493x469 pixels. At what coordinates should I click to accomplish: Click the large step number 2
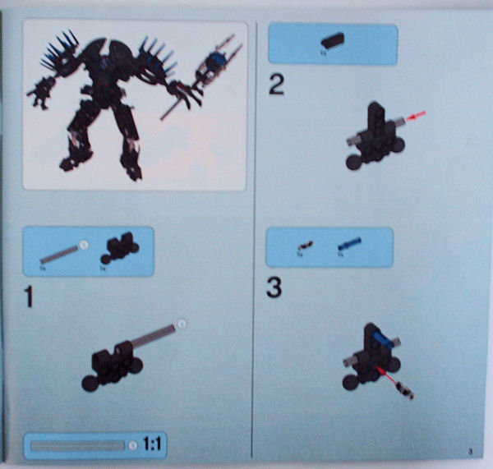[277, 85]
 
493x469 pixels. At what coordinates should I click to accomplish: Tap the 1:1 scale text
[153, 445]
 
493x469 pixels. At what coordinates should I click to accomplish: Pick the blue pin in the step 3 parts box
[348, 243]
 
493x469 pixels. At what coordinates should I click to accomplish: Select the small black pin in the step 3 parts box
[303, 245]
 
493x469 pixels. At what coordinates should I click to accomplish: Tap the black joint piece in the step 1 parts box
[119, 246]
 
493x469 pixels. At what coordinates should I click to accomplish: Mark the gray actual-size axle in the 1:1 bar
[78, 445]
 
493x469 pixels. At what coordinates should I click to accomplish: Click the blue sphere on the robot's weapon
[216, 62]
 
